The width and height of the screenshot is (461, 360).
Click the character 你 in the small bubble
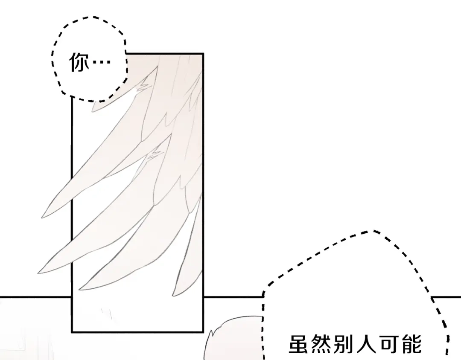coord(79,62)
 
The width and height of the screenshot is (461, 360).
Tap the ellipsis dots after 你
coord(102,62)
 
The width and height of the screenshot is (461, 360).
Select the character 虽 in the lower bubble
coord(298,344)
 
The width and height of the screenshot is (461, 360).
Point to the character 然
coord(321,344)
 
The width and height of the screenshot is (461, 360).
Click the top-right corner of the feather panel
coord(203,54)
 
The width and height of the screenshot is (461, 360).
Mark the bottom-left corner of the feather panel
coord(72,332)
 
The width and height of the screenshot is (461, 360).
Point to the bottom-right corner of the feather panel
coord(203,332)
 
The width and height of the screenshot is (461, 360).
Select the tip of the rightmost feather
coord(173,295)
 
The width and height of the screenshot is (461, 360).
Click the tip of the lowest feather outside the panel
coord(39,273)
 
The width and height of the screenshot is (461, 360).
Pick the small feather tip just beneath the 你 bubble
coord(93,109)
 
